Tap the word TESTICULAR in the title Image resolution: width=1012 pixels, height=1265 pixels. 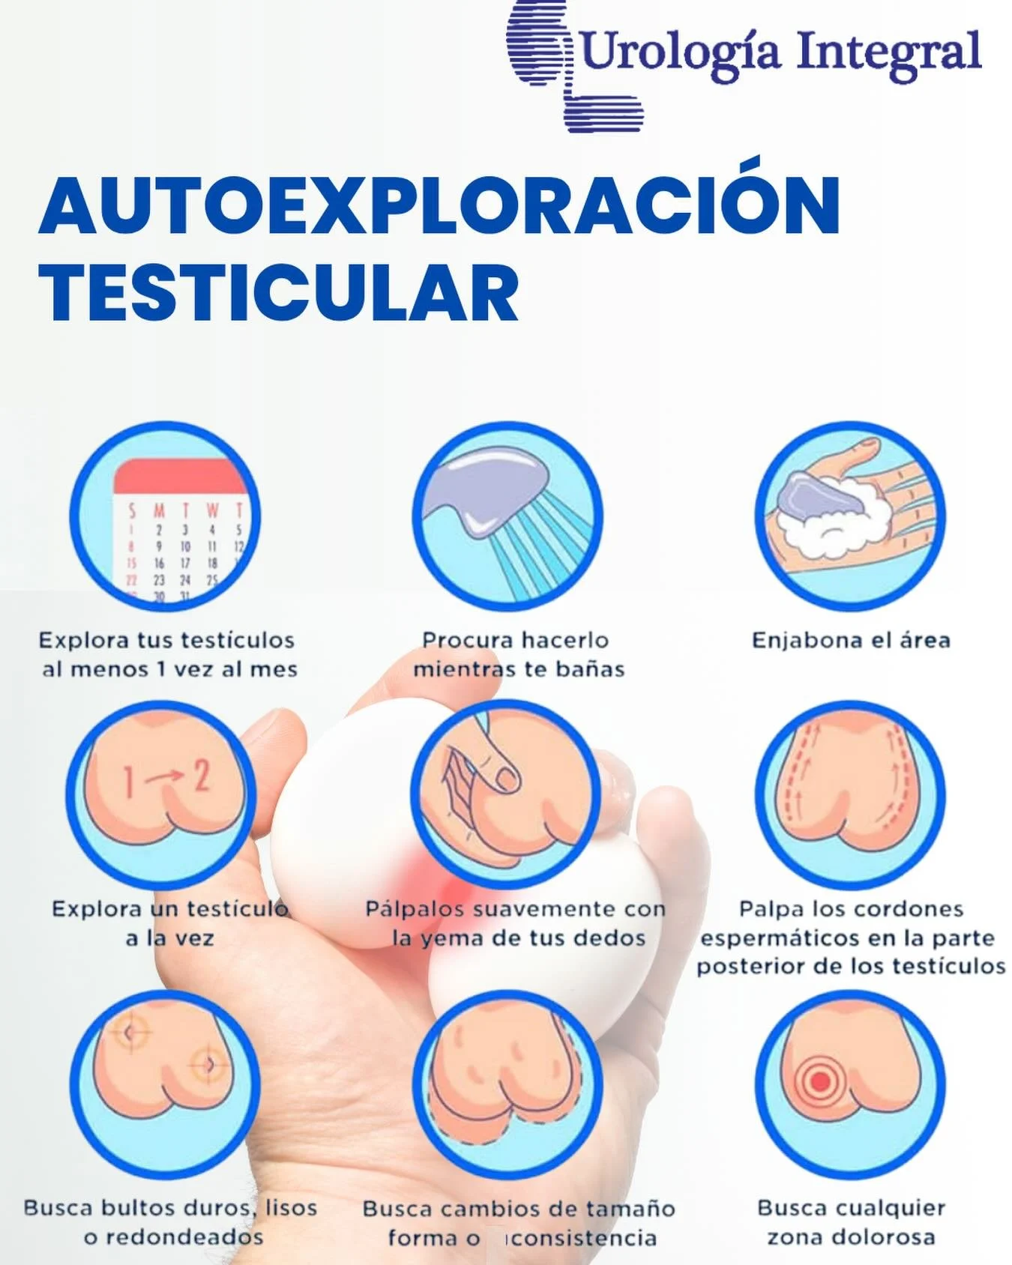[279, 293]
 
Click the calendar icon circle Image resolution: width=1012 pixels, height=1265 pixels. [165, 517]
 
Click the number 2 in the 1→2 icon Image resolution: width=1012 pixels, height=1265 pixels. [202, 776]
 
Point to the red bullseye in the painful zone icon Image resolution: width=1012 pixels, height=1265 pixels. [820, 1081]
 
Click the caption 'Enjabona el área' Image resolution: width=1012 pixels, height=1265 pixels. [851, 641]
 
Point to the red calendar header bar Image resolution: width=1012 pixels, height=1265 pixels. [180, 476]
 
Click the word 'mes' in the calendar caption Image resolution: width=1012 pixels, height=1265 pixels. [277, 669]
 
